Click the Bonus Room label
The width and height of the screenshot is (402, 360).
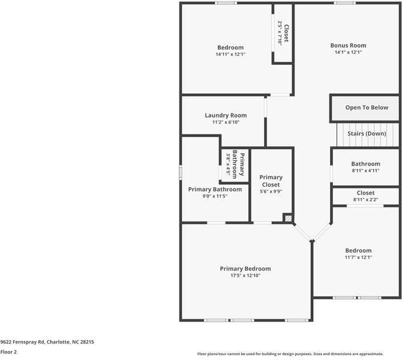tap(348, 46)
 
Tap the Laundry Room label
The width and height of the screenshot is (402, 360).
tap(226, 115)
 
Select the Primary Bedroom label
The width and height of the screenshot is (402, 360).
tap(245, 269)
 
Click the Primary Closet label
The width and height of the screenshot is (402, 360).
tap(271, 181)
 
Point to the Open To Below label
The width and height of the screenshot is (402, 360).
tap(367, 108)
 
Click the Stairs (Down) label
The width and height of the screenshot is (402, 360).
tap(367, 133)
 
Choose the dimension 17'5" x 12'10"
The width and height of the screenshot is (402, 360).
tap(245, 275)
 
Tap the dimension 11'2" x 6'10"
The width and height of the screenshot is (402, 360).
tap(226, 122)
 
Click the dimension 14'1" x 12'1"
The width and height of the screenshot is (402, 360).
tap(348, 53)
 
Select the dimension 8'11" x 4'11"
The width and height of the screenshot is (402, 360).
tap(365, 171)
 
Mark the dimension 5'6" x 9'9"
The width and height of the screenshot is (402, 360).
tap(271, 192)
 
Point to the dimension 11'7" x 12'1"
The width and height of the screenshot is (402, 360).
tap(358, 257)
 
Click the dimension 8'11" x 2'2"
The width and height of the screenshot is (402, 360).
tap(365, 200)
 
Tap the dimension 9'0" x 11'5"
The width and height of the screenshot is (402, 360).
tap(215, 196)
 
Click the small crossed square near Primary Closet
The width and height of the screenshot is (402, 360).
tap(289, 219)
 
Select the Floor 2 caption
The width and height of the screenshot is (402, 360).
tap(8, 352)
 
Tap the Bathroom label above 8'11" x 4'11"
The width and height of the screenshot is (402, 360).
tap(365, 164)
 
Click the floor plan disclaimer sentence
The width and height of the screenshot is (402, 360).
tap(298, 354)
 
